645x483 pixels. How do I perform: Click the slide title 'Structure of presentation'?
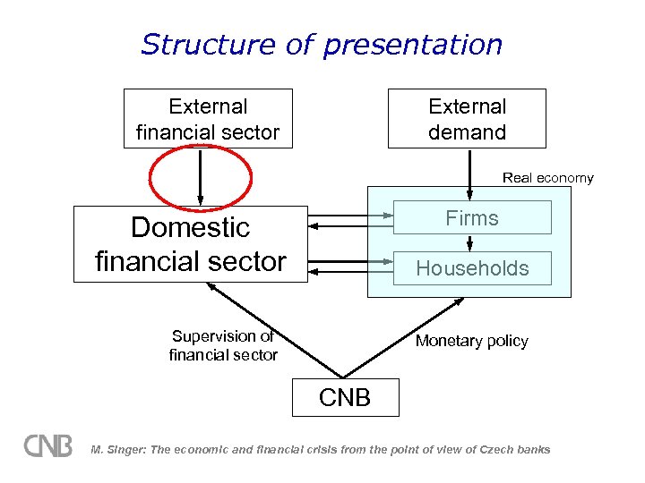coord(322,44)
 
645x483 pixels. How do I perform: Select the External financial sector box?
coord(208,119)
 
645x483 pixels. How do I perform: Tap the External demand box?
coord(467,119)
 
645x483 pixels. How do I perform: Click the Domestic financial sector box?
coord(190,243)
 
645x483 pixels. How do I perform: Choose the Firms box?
coord(472,217)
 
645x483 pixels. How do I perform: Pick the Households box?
coord(472,268)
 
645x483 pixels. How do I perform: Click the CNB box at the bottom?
coord(345,397)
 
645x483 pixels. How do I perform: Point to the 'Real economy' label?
coord(547,178)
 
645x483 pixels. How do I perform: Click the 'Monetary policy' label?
coord(471,341)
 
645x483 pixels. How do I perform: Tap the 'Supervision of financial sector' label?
coord(223,346)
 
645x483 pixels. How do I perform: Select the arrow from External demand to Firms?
coord(469,174)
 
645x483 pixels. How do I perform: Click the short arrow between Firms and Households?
coord(469,242)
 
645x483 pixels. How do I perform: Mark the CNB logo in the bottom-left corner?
coord(47,445)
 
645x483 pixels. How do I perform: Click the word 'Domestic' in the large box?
coord(190,227)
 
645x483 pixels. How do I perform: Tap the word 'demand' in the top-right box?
coord(467,132)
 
